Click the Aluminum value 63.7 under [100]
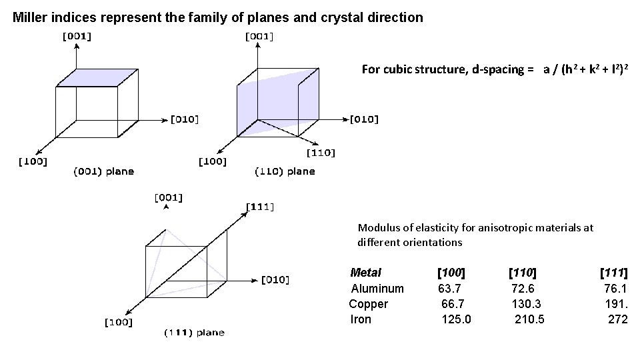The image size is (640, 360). tap(449, 289)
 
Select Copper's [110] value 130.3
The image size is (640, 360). tap(525, 304)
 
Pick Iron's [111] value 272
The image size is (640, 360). tap(617, 319)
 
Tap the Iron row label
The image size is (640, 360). tap(361, 319)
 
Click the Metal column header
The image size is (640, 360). tap(365, 273)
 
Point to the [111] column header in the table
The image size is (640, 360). tap(613, 273)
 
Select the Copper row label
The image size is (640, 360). tap(368, 304)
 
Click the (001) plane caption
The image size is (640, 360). tap(103, 172)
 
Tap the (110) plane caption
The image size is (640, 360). tap(285, 172)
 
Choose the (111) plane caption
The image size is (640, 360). tap(194, 333)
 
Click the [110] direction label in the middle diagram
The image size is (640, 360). tap(321, 153)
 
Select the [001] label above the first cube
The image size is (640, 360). tap(77, 37)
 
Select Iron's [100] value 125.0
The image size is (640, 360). tap(456, 319)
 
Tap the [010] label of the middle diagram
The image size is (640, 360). tap(364, 120)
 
